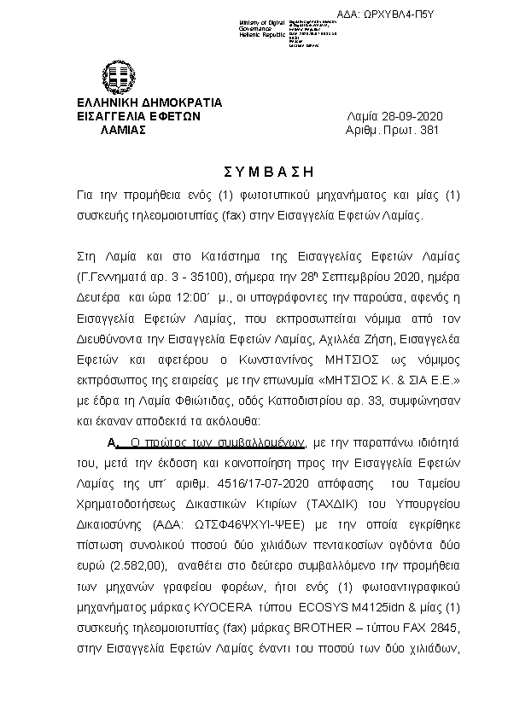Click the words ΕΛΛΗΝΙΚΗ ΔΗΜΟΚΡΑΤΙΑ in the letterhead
coord(149,102)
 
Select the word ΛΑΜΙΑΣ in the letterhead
coord(123,131)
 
